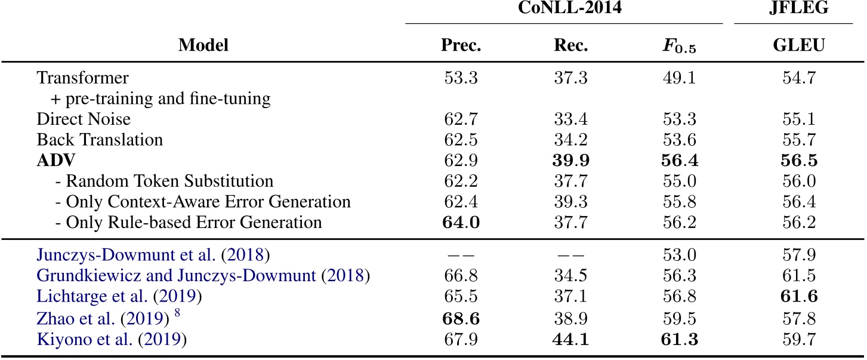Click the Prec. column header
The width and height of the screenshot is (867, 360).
tap(461, 46)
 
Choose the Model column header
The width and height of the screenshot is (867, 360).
tap(203, 46)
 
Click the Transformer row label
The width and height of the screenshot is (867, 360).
tap(82, 78)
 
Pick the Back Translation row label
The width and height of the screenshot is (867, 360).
tap(100, 140)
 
